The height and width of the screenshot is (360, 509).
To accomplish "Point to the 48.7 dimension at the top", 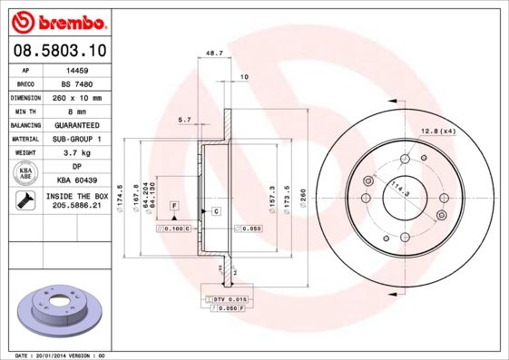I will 215,54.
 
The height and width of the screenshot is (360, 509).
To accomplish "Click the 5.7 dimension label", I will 184,120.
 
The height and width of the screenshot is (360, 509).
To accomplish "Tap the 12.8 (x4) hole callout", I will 438,131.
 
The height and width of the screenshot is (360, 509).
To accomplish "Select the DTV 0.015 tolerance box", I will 230,298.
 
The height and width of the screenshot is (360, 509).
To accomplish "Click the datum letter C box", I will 217,211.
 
